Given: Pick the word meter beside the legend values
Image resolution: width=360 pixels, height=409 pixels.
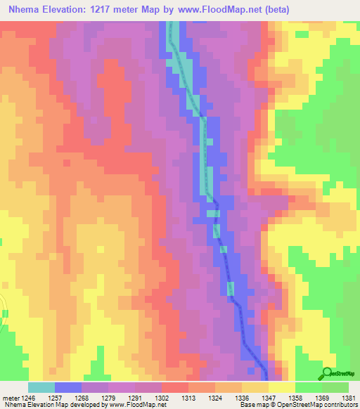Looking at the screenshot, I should point(12,397).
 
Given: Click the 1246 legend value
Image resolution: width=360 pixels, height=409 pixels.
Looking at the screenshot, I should point(29,397).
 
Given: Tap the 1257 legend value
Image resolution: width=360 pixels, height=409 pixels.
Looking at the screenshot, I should point(56,397).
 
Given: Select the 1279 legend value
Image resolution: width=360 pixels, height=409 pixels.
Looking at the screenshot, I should point(109,397).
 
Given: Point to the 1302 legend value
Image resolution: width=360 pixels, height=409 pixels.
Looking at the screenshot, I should point(162,397).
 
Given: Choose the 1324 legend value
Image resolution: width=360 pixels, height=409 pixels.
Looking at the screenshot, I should point(216,397).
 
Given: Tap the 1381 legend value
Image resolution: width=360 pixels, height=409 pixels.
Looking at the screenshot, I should point(349,397).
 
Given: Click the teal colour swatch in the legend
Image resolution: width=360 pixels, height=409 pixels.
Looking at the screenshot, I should point(41,387).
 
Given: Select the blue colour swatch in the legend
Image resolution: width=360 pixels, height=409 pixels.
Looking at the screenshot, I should point(68,387).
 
